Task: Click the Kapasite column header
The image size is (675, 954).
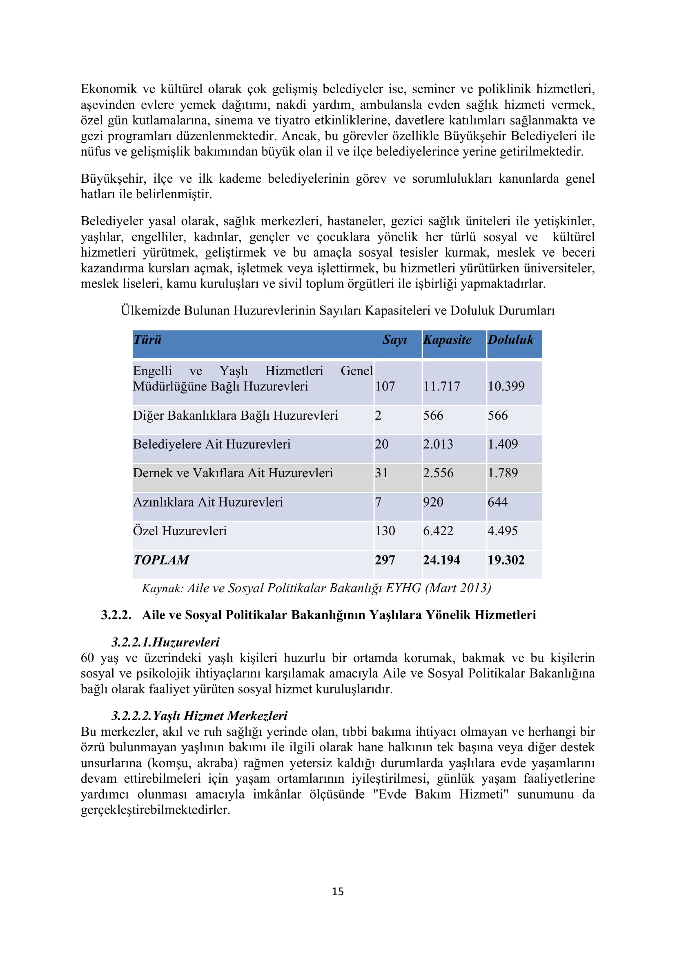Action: coord(447,340)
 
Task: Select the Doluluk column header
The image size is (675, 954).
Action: coord(510,340)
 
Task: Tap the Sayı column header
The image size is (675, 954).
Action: coord(394,340)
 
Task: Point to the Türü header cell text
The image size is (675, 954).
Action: coord(147,340)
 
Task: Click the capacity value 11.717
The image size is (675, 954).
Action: coord(441,386)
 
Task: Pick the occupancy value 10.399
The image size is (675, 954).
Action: coord(506,386)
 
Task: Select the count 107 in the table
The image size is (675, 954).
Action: coord(385,386)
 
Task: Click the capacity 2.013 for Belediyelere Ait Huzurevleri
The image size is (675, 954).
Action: coord(438,444)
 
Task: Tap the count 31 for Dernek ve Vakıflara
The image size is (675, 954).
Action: coord(381,473)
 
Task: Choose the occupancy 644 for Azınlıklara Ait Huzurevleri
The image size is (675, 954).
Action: coord(497,502)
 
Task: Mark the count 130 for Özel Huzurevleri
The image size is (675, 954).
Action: coord(385,531)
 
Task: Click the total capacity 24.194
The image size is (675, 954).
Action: coord(441,560)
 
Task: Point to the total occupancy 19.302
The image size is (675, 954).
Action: coord(506,560)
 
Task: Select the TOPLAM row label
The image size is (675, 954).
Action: coord(161,560)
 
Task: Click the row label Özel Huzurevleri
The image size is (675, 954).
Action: coord(180,531)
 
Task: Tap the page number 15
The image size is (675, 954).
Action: coord(337,891)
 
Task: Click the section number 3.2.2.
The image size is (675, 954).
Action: coord(116,615)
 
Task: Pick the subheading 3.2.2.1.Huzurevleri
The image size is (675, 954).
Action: coord(165,642)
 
